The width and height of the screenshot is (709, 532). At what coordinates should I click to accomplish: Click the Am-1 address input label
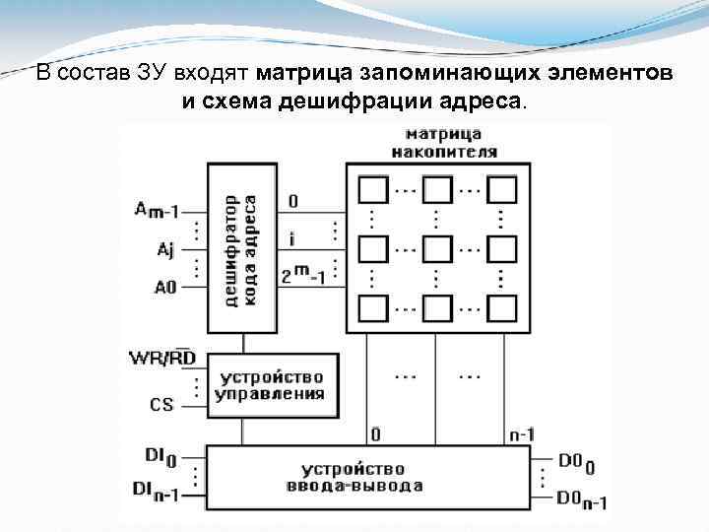(157, 210)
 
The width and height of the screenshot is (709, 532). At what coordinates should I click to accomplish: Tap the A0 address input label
(163, 288)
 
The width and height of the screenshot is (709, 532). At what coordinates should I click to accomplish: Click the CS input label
(161, 403)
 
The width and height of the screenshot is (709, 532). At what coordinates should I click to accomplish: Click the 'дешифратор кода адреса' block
(242, 248)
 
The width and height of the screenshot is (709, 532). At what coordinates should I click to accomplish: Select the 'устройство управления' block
(272, 385)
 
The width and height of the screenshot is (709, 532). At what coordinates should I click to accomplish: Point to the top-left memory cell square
(373, 188)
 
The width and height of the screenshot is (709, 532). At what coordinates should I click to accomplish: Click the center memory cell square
(437, 246)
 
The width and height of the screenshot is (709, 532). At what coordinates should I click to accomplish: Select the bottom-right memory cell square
(501, 306)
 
